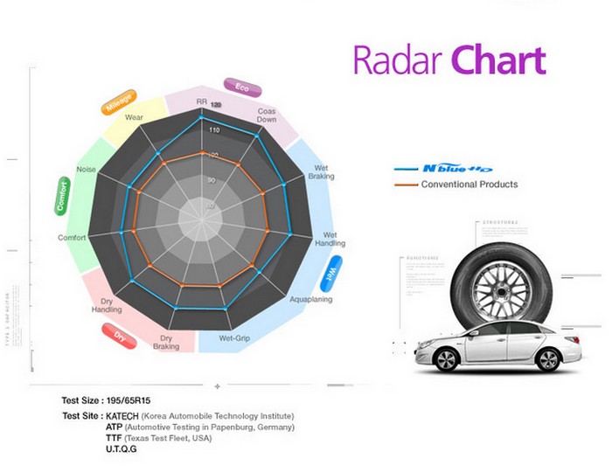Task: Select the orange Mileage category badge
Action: (120, 101)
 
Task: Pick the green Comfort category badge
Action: (62, 195)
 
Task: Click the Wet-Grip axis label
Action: (236, 338)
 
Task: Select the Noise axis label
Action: (87, 169)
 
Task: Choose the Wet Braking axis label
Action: (321, 171)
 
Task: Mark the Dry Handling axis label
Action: (106, 305)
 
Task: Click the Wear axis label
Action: (134, 116)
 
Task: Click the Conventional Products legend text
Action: (469, 184)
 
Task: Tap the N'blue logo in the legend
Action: (457, 169)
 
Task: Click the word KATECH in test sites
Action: (123, 415)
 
